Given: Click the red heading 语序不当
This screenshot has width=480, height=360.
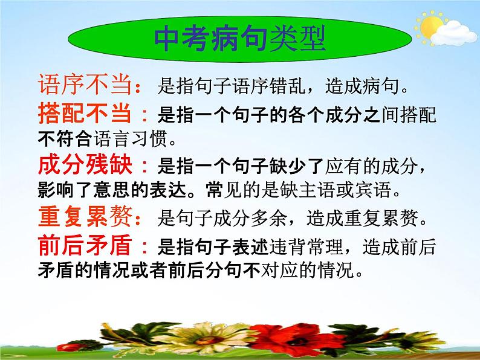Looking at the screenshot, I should coord(84,85).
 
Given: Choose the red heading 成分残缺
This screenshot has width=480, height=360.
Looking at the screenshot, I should coord(84,166).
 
